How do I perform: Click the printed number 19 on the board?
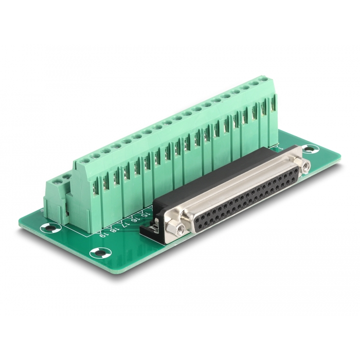(x=104, y=235)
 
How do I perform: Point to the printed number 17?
(x=127, y=224)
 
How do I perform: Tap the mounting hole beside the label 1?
(x=310, y=150)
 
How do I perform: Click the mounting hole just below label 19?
(x=100, y=253)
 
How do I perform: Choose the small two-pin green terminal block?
(x=57, y=198)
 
